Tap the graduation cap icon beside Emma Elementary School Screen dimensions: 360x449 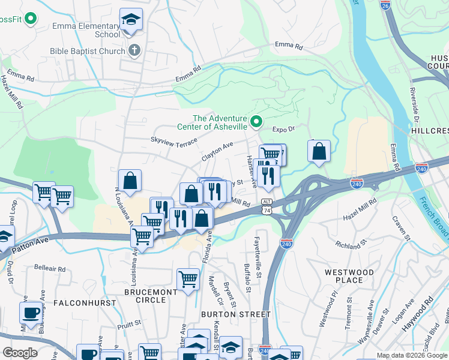pos(131,20)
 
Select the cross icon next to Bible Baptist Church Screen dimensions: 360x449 pos(135,50)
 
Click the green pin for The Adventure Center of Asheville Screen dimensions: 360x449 pos(256,122)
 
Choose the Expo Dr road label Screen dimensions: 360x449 pos(285,129)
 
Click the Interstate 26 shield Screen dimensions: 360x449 pos(385,5)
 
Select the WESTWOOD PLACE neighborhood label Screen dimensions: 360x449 pos(349,276)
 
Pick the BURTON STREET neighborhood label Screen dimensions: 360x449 pos(236,314)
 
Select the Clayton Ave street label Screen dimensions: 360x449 pos(217,151)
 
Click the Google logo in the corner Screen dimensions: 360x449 pos(20,352)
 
